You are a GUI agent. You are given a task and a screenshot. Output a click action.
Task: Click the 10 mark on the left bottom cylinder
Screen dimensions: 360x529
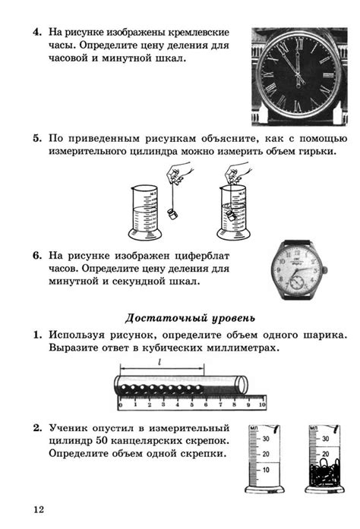point(264,469)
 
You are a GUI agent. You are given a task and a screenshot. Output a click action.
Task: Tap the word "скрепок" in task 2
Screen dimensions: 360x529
point(199,439)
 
